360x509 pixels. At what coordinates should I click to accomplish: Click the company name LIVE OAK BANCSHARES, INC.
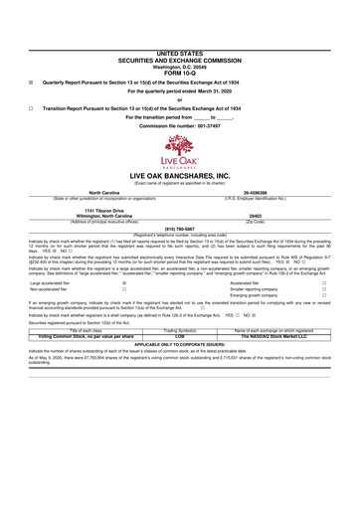point(180,175)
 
